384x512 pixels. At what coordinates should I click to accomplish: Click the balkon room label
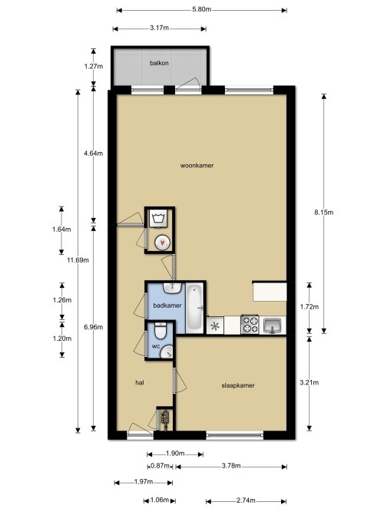[159, 63]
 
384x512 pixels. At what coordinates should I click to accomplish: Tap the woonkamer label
[197, 166]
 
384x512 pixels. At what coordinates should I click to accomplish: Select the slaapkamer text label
[238, 385]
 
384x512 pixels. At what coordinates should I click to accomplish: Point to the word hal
[140, 382]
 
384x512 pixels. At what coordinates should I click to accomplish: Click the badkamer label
[167, 306]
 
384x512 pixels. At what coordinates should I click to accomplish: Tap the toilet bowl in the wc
[161, 331]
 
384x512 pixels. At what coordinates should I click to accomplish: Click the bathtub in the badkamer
[195, 309]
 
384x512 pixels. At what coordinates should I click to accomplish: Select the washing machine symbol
[158, 218]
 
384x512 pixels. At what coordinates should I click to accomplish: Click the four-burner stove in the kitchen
[250, 325]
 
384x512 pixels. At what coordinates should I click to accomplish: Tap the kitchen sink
[273, 325]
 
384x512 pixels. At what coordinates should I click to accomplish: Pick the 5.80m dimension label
[202, 9]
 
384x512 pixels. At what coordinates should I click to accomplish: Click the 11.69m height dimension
[78, 260]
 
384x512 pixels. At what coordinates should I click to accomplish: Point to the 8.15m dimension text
[324, 213]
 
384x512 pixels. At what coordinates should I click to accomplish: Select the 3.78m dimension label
[231, 466]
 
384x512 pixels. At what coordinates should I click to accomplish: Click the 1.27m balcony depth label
[94, 67]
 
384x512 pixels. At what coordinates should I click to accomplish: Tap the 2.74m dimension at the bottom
[246, 500]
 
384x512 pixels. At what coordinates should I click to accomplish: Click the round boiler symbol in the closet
[162, 243]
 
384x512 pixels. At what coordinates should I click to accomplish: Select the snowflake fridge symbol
[215, 326]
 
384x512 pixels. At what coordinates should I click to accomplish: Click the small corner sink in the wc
[168, 352]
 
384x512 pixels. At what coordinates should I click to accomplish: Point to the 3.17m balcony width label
[159, 28]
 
